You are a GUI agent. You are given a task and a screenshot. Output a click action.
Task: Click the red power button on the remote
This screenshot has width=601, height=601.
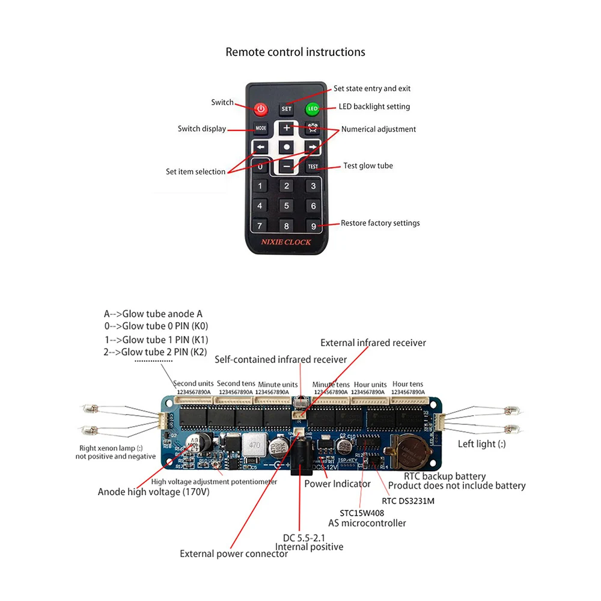pyautogui.click(x=260, y=109)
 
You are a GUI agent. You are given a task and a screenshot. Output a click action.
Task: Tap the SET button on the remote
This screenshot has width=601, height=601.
pyautogui.click(x=287, y=109)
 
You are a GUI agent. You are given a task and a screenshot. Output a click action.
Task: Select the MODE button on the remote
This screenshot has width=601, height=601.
pyautogui.click(x=260, y=129)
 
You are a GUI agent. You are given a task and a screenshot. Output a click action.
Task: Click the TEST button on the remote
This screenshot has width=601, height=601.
pyautogui.click(x=313, y=166)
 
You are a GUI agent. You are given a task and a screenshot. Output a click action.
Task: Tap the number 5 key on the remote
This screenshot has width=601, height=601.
pyautogui.click(x=287, y=206)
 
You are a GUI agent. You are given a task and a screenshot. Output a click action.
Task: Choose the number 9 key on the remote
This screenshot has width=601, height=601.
pyautogui.click(x=313, y=226)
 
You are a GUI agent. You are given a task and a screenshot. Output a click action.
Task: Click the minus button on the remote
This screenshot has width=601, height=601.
pyautogui.click(x=287, y=166)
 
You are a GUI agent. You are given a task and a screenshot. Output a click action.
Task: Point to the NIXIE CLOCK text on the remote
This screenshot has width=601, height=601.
pyautogui.click(x=286, y=242)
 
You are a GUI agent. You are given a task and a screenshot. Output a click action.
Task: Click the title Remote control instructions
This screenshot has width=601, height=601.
pyautogui.click(x=295, y=52)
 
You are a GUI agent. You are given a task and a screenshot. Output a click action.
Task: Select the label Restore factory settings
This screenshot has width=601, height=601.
pyautogui.click(x=380, y=223)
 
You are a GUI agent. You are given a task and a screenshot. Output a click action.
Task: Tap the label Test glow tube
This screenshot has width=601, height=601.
pyautogui.click(x=368, y=166)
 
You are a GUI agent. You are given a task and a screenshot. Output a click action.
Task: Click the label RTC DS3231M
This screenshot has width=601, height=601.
pyautogui.click(x=407, y=500)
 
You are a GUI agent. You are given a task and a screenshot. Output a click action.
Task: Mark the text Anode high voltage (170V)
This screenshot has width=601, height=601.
pyautogui.click(x=153, y=492)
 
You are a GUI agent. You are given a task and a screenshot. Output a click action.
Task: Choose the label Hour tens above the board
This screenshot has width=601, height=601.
pyautogui.click(x=407, y=384)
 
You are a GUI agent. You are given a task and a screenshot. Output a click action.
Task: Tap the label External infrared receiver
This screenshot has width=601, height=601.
pyautogui.click(x=373, y=343)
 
